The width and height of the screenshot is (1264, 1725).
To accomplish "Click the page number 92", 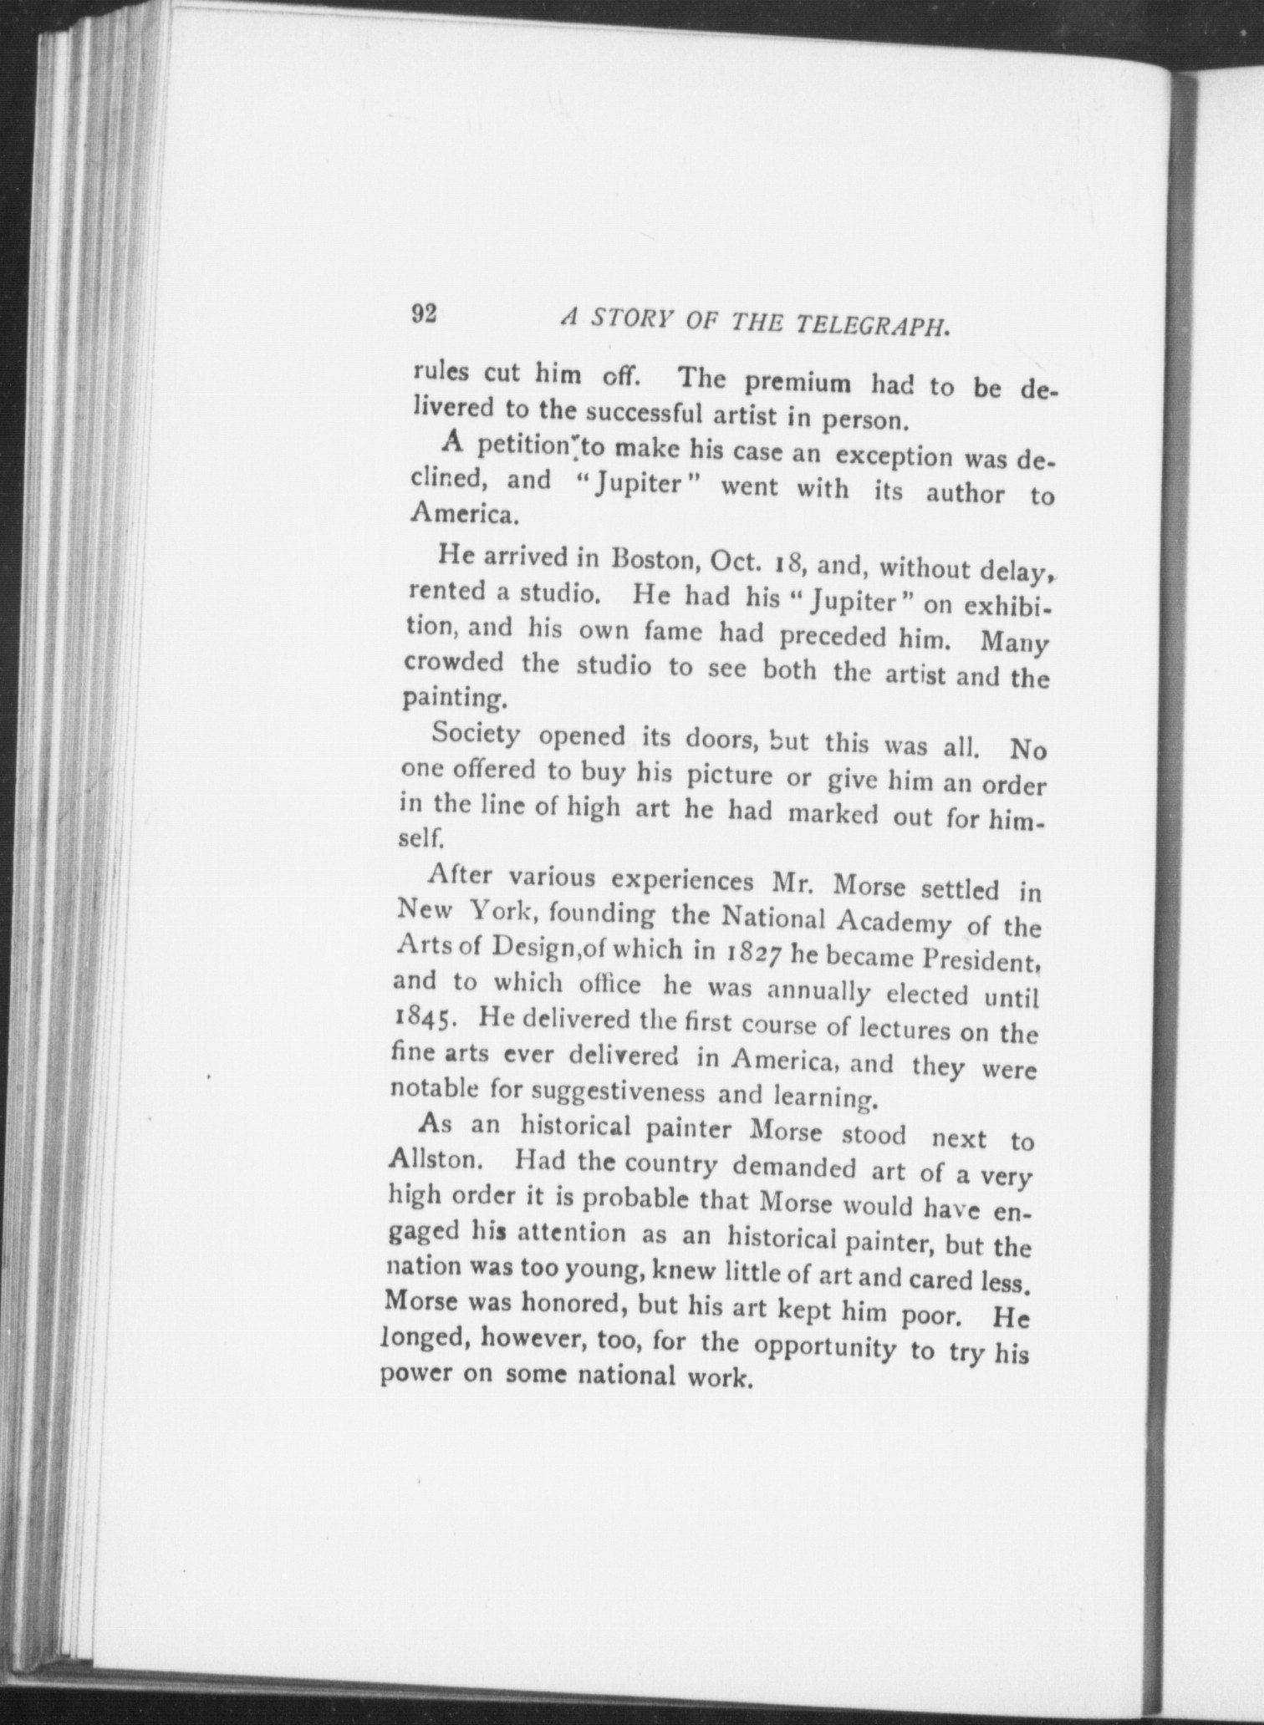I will click(x=424, y=313).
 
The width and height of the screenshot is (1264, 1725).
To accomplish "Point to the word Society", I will click(x=477, y=734).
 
